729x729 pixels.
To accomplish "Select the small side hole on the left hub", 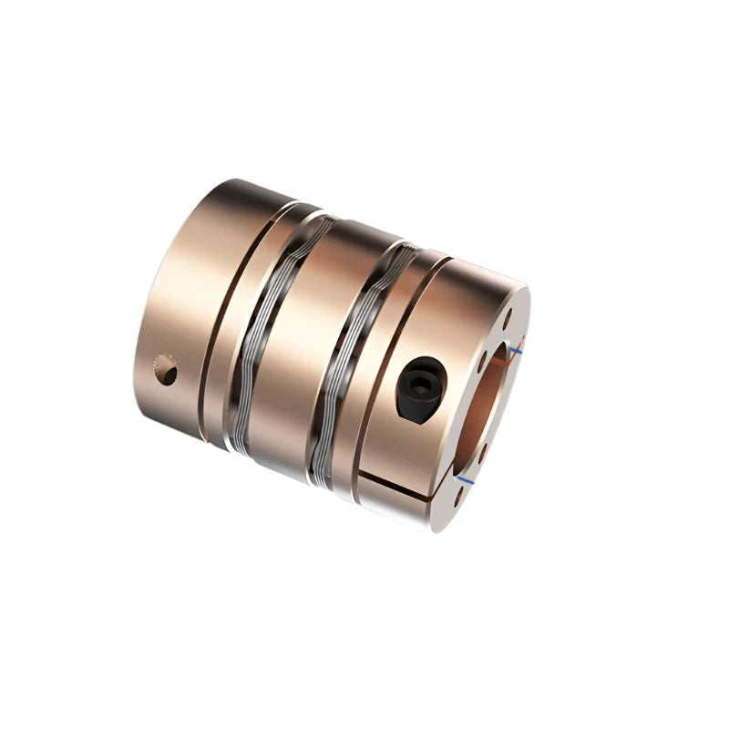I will point(165,369).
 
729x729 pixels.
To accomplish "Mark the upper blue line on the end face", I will point(517,349).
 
